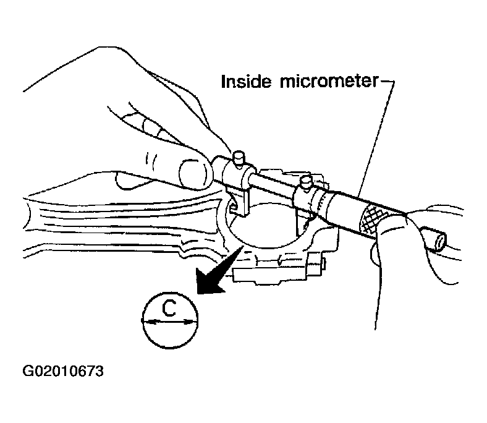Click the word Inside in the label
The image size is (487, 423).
click(246, 82)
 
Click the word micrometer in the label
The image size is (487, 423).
click(329, 82)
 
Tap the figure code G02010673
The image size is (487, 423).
click(63, 371)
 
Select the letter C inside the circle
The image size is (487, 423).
click(169, 309)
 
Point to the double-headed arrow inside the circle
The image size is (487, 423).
click(169, 322)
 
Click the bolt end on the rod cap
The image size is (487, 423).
click(316, 264)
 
